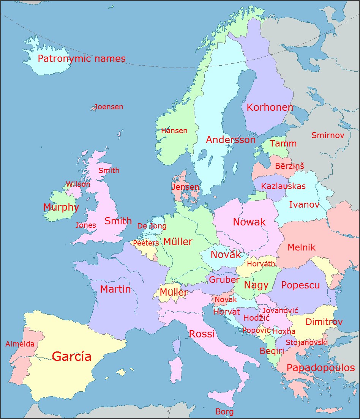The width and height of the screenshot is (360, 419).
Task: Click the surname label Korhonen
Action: click(270, 107)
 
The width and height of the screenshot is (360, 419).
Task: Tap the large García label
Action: click(71, 356)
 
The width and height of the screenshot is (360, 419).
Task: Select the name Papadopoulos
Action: click(321, 368)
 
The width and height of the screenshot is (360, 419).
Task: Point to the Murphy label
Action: click(61, 207)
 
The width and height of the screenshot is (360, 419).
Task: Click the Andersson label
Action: click(231, 140)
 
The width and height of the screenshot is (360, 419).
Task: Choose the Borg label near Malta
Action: click(224, 411)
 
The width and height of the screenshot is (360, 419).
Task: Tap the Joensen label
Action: click(109, 107)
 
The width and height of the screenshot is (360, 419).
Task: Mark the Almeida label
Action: click(20, 344)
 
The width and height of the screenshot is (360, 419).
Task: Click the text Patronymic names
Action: click(81, 59)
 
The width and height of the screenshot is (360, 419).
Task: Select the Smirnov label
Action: click(328, 135)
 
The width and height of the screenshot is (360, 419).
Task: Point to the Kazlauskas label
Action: click(283, 186)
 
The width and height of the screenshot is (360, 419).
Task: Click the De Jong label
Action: click(152, 226)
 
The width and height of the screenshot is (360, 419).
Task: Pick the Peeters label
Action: click(146, 243)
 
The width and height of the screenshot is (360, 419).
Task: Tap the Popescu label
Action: click(300, 285)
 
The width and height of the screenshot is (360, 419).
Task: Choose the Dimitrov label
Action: click(324, 322)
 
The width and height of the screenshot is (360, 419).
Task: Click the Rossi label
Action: click(202, 334)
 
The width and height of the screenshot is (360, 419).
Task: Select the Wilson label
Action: click(78, 184)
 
